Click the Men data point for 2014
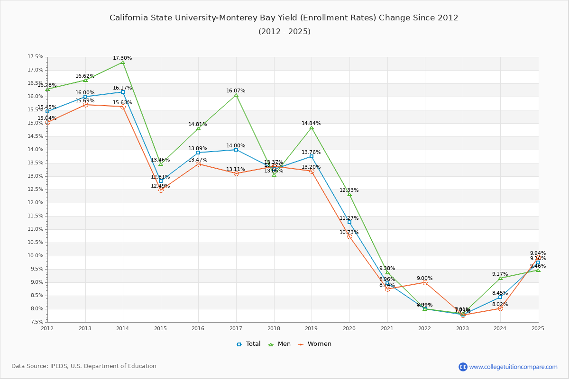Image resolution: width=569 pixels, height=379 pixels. pos(123,63)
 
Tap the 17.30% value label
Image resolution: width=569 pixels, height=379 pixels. pos(122,58)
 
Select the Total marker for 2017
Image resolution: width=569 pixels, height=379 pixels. pos(236,150)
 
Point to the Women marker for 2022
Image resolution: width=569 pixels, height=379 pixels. pos(425,282)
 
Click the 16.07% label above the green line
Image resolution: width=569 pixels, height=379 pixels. pos(236,91)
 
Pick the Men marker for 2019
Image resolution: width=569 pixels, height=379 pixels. pos(312,128)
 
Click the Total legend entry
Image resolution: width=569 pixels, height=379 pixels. pos(248,344)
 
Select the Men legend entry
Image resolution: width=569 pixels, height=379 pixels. pos(279,344)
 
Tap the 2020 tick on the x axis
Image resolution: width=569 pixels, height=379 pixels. pos(349,328)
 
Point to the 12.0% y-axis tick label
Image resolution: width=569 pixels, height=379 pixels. pos(36,203)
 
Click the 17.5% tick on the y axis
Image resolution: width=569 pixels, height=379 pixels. pos(36,57)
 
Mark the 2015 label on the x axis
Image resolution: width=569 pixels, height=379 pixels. pos(160,328)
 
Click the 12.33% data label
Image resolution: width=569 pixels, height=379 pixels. pos(349,190)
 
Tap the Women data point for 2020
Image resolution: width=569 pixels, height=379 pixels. pos(349,236)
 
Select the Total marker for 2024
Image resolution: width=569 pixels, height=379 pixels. pos(500,297)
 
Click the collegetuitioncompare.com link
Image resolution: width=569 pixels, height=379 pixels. pos(513,367)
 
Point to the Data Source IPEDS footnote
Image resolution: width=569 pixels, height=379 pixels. pos(84,366)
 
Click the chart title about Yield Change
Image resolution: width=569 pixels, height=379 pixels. pos(284,18)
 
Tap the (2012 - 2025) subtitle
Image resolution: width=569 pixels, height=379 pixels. pos(284,32)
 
